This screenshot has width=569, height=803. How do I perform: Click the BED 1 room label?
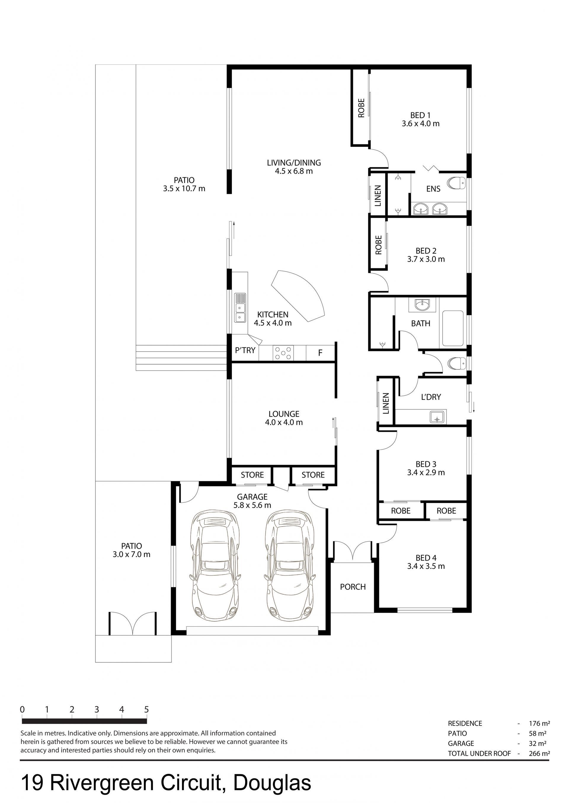coord(420,115)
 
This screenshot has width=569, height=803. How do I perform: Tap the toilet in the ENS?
coord(456,183)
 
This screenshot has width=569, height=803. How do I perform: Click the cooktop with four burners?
coord(283,353)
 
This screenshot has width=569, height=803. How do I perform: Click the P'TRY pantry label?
coord(245,350)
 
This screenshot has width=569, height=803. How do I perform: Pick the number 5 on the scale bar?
coord(146,709)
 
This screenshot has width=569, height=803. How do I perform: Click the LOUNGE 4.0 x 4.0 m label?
coord(284,418)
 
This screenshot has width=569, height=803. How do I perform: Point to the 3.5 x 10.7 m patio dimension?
coord(184,189)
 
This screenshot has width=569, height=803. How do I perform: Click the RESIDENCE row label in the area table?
coord(465,724)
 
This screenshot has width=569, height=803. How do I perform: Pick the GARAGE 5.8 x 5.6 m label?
coord(252,501)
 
